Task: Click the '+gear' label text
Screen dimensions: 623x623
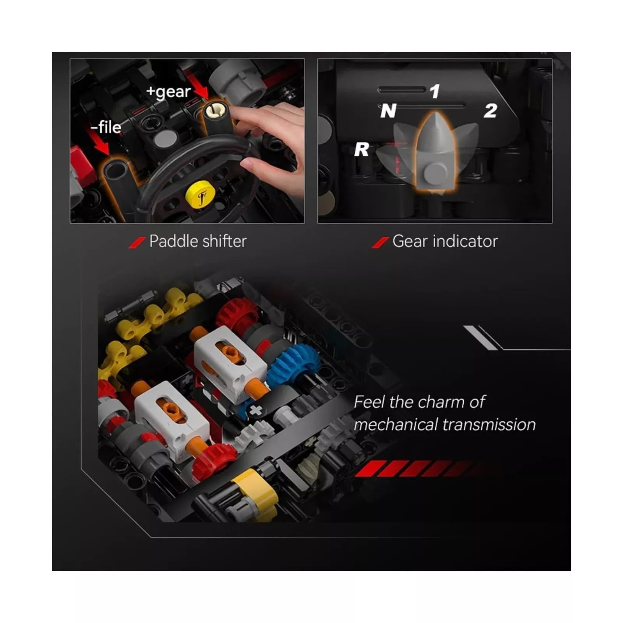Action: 168,92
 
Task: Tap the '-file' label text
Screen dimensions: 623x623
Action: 106,127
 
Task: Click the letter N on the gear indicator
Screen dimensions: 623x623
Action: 388,111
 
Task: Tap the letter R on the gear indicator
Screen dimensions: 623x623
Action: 362,150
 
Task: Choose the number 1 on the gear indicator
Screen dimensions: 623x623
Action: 435,92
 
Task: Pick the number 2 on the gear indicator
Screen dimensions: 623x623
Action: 490,111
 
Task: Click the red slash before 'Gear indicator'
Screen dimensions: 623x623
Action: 380,243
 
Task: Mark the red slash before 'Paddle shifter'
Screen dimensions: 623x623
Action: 137,243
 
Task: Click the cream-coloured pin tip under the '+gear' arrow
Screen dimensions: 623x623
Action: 215,111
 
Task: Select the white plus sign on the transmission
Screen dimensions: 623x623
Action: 255,410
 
